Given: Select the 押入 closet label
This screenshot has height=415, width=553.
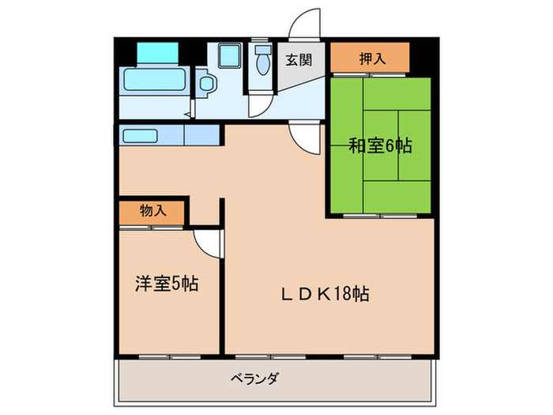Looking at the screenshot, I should (371, 57).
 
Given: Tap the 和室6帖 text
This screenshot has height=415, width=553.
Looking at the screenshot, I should (380, 145).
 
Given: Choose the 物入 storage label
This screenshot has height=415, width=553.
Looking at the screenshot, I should (152, 211).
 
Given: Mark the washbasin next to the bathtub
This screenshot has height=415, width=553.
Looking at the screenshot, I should (207, 83).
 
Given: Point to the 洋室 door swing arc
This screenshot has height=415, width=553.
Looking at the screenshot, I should (207, 243).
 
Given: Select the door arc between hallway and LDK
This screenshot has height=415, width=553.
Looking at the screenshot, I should (304, 138).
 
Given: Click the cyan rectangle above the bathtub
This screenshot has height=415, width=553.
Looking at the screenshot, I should (158, 51).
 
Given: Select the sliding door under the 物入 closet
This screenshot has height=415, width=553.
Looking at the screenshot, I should (152, 227).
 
